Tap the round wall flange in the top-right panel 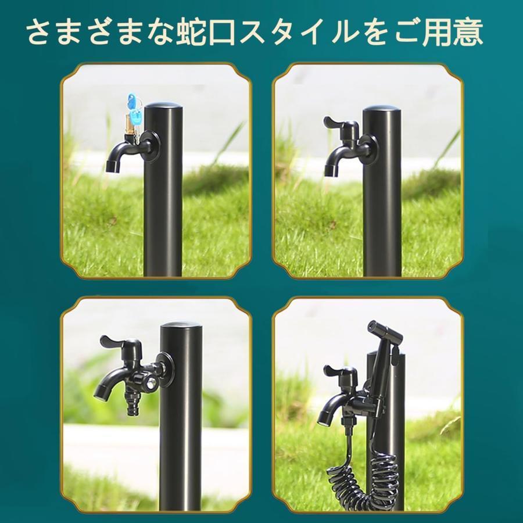367,146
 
